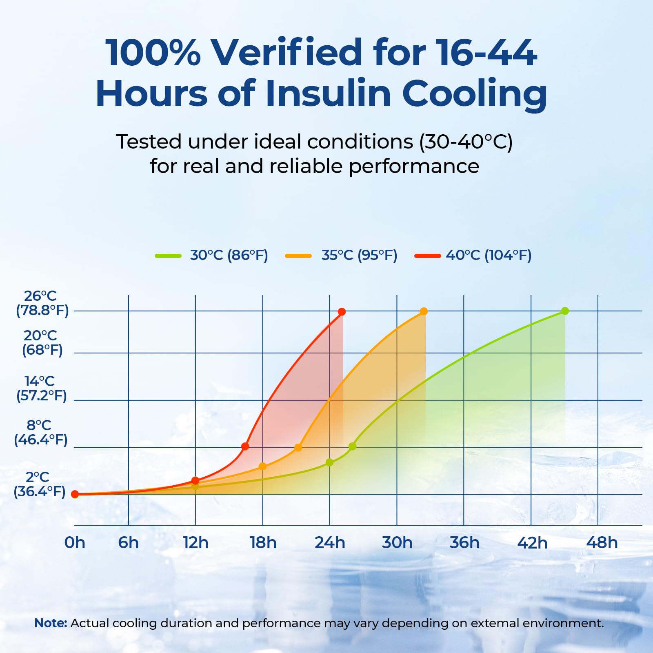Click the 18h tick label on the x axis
[263, 543]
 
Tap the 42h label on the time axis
[532, 543]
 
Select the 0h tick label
[75, 543]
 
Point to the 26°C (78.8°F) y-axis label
[42, 303]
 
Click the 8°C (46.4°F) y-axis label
[40, 433]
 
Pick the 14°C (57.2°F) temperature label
[41, 388]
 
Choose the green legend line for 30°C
[168, 256]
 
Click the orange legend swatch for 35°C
[298, 256]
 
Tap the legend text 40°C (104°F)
[489, 255]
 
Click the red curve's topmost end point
[342, 312]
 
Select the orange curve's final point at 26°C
[424, 311]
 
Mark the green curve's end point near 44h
[565, 311]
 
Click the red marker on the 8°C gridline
[245, 446]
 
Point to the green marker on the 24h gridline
[329, 462]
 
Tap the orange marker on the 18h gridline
[262, 466]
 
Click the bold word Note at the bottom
[50, 623]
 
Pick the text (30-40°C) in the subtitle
[466, 142]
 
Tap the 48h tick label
[602, 543]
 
